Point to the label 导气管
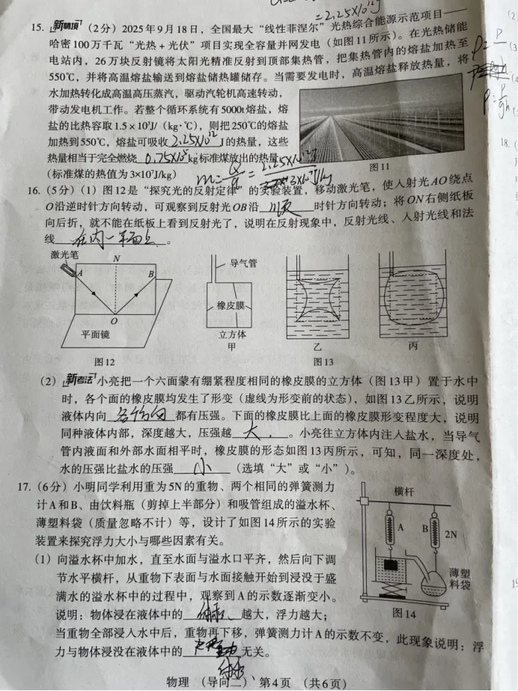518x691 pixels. [x=242, y=263]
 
